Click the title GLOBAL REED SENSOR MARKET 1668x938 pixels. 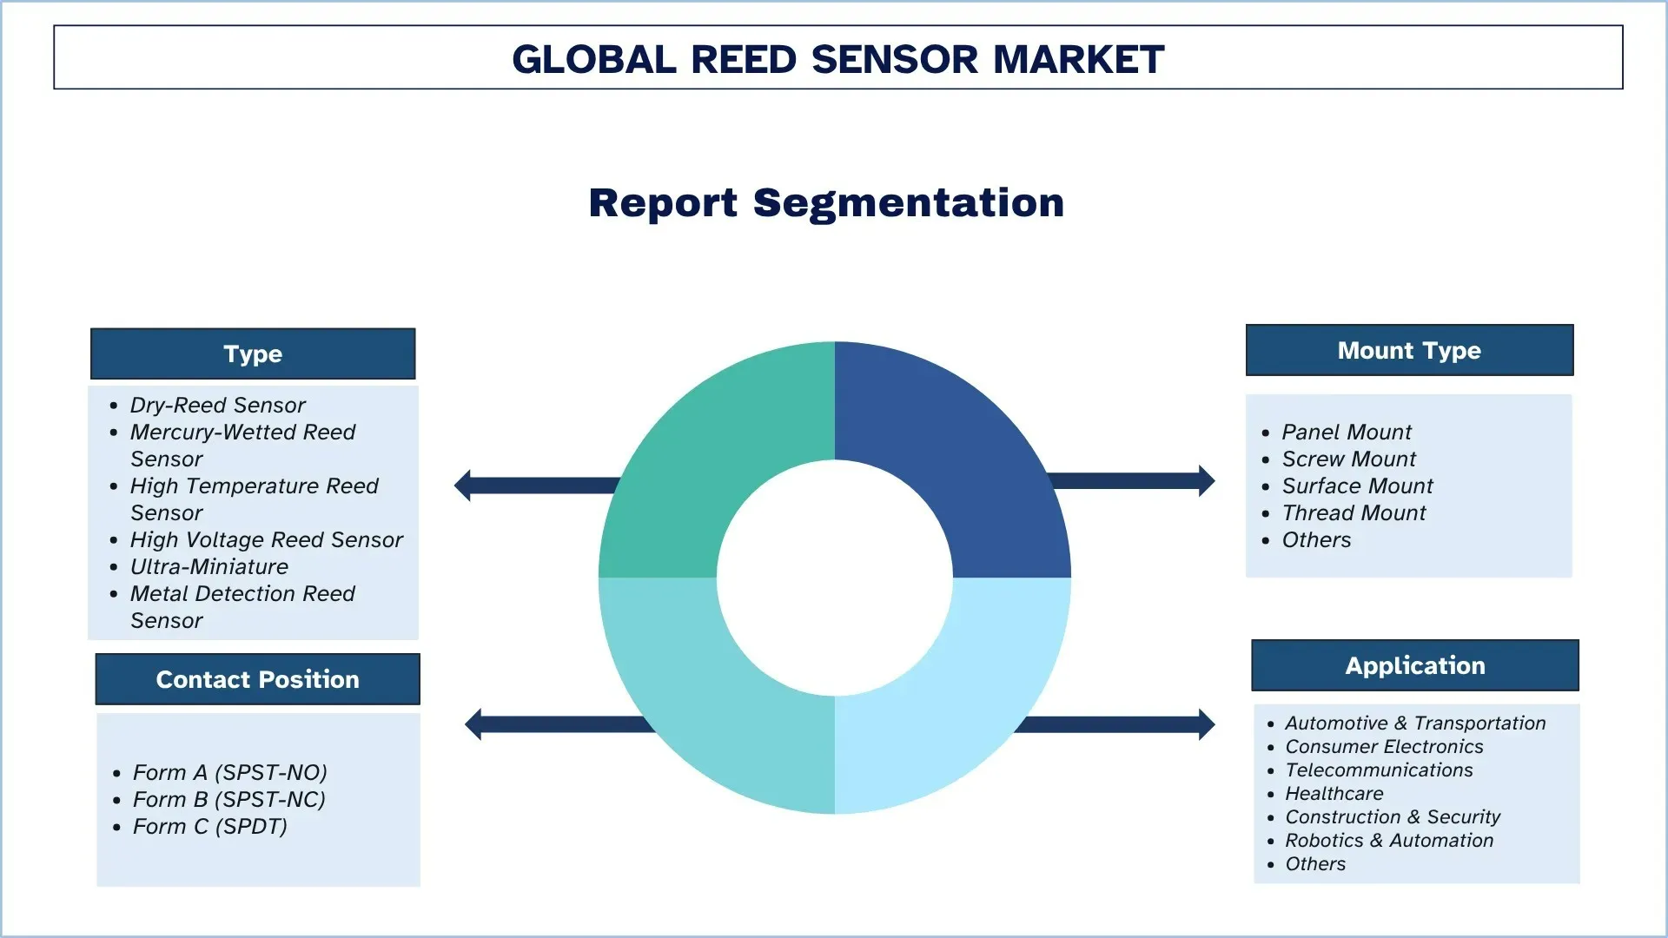click(x=837, y=59)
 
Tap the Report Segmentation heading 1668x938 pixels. click(x=826, y=203)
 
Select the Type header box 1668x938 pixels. click(x=253, y=353)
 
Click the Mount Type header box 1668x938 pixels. click(x=1409, y=350)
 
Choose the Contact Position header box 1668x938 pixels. click(x=257, y=679)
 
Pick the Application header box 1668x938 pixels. click(x=1414, y=665)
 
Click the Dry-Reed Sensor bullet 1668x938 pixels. click(x=217, y=405)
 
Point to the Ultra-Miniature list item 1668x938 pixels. click(x=208, y=566)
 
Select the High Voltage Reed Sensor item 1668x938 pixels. click(x=266, y=539)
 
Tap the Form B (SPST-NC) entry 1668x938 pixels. click(x=228, y=799)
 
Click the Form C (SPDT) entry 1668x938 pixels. click(x=209, y=826)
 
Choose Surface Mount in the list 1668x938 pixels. click(x=1357, y=486)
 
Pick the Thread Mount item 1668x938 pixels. click(x=1354, y=512)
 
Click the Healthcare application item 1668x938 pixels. click(x=1334, y=793)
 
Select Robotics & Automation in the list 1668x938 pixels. click(x=1388, y=840)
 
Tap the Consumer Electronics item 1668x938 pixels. click(x=1384, y=746)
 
